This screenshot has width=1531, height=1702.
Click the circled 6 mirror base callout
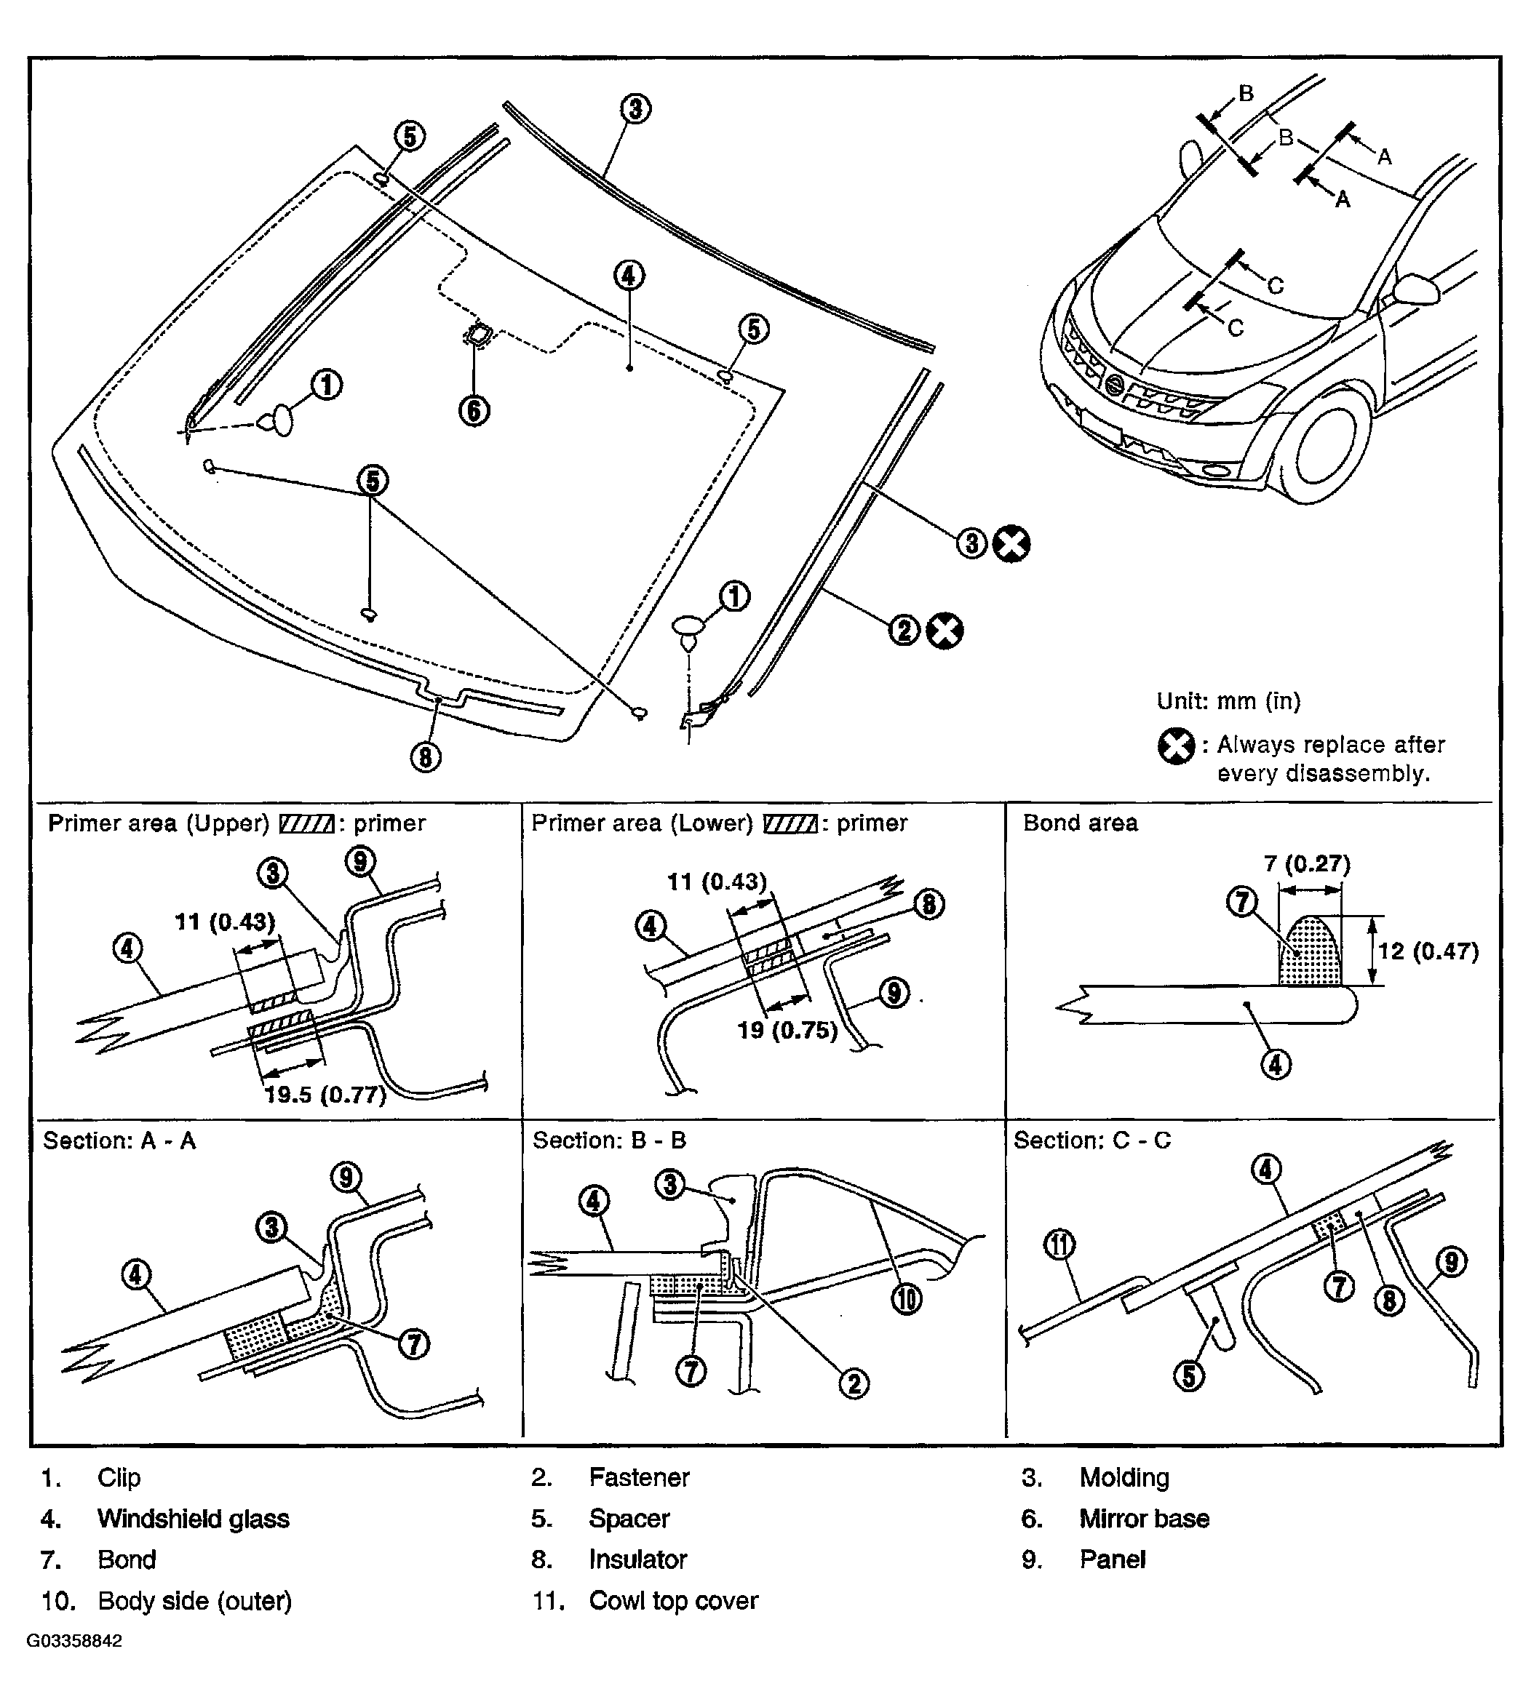pyautogui.click(x=474, y=410)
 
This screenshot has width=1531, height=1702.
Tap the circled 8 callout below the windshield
pyautogui.click(x=426, y=757)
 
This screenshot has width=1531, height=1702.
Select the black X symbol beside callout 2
pyautogui.click(x=945, y=631)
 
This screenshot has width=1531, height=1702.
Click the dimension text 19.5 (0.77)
pyautogui.click(x=325, y=1094)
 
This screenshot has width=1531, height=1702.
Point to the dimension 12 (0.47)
pyautogui.click(x=1428, y=951)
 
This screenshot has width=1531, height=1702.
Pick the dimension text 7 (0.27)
pyautogui.click(x=1306, y=863)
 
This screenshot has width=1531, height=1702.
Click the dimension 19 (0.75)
pyautogui.click(x=787, y=1030)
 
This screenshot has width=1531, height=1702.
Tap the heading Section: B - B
pyautogui.click(x=609, y=1140)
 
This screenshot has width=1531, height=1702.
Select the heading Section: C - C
pyautogui.click(x=1092, y=1140)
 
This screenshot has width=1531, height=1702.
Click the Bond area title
pyautogui.click(x=1080, y=823)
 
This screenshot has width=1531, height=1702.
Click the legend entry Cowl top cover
pyautogui.click(x=673, y=1600)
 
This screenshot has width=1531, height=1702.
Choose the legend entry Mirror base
pyautogui.click(x=1144, y=1519)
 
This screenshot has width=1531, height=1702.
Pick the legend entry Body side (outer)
pyautogui.click(x=194, y=1600)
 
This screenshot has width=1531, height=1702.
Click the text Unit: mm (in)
pyautogui.click(x=1228, y=700)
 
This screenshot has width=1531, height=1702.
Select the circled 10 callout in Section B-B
pyautogui.click(x=906, y=1299)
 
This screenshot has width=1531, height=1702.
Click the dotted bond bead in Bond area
pyautogui.click(x=1310, y=950)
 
